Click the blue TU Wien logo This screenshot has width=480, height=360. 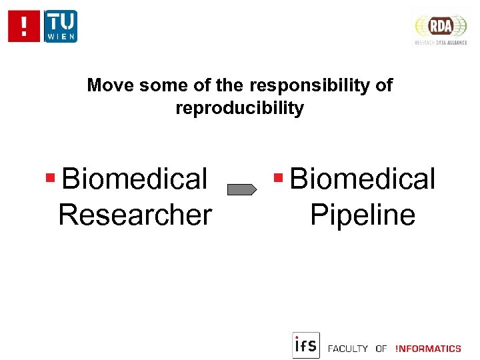pos(61,27)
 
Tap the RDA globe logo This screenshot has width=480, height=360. pos(441,26)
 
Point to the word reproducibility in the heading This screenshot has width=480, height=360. pos(239,108)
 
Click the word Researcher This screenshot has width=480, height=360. pos(135,215)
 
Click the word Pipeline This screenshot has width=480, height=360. pos(363,215)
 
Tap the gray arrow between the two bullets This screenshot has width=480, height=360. pos(242,190)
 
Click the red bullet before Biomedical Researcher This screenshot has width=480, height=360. pos(50,179)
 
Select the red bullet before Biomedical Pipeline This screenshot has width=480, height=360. pos(279,178)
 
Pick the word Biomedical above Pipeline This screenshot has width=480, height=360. pos(363,179)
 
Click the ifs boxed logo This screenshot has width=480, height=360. pos(306,345)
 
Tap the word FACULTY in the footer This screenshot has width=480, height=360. pos(348,349)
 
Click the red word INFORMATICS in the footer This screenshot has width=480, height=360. pos(428,349)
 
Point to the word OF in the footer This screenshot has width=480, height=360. pos(381,349)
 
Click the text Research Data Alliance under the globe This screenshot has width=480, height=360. pos(440,43)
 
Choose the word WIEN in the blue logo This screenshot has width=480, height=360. pos(61,35)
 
